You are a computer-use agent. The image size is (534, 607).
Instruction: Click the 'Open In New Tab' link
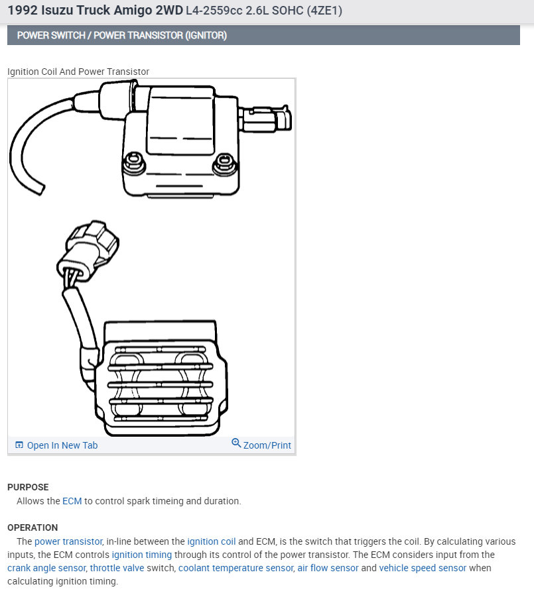tap(62, 445)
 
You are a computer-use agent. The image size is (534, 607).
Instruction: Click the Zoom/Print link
tap(267, 445)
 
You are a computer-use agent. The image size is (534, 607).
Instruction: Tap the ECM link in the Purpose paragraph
tap(72, 501)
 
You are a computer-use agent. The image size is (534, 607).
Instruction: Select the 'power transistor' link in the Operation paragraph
tap(68, 541)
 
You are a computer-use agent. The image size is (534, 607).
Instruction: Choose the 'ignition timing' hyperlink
tap(141, 555)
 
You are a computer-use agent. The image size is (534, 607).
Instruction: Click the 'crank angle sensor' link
tap(46, 568)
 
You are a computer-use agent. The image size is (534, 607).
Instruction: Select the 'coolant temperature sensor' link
tap(235, 568)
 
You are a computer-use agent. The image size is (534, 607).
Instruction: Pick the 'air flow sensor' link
tap(328, 568)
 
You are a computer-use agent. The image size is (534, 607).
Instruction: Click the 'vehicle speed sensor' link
tap(423, 568)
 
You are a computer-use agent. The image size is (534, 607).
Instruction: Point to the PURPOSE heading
tap(28, 487)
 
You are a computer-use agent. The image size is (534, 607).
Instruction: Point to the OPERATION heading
tap(33, 527)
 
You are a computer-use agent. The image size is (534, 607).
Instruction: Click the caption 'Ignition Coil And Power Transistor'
tap(78, 72)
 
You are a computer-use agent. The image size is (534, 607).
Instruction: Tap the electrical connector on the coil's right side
tap(268, 120)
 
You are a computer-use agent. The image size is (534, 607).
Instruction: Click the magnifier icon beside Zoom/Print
tap(236, 443)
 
